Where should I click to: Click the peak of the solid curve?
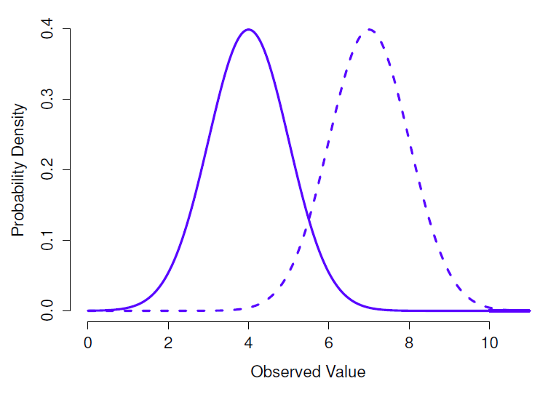(249, 30)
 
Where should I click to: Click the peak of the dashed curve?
(370, 30)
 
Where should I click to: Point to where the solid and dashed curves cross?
(309, 216)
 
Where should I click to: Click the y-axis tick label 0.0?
(48, 310)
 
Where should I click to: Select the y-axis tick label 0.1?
(48, 240)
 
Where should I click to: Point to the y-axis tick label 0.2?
(48, 170)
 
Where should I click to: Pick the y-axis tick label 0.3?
(48, 100)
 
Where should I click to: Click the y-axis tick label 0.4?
(48, 30)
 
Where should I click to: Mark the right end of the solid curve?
(530, 310)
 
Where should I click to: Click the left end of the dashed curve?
(89, 310)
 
